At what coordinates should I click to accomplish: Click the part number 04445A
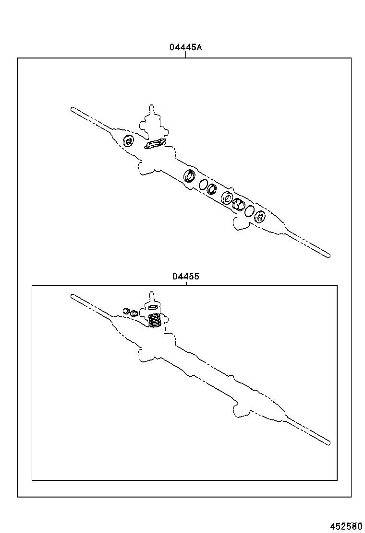185,47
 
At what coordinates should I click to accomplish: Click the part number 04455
186,277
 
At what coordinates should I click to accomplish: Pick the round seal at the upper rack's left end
128,141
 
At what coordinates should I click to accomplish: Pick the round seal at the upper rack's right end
260,217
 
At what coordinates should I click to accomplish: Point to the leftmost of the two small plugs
127,311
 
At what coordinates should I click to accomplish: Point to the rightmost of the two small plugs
135,313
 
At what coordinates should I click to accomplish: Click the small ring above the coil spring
153,307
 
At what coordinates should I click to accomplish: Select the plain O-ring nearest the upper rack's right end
249,210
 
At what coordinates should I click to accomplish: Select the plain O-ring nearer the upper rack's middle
203,185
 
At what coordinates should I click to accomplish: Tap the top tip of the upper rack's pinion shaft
152,105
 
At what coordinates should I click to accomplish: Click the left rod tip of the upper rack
73,109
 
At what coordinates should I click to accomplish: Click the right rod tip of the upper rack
328,255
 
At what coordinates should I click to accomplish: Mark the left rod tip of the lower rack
73,296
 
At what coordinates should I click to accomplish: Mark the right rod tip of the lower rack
328,442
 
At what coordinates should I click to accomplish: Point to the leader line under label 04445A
186,55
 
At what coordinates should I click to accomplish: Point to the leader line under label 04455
186,283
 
